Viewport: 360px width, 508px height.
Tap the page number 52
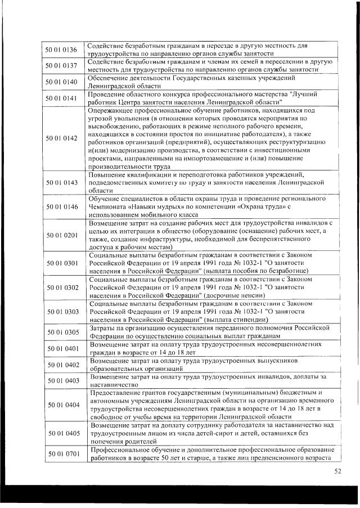tap(337, 471)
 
